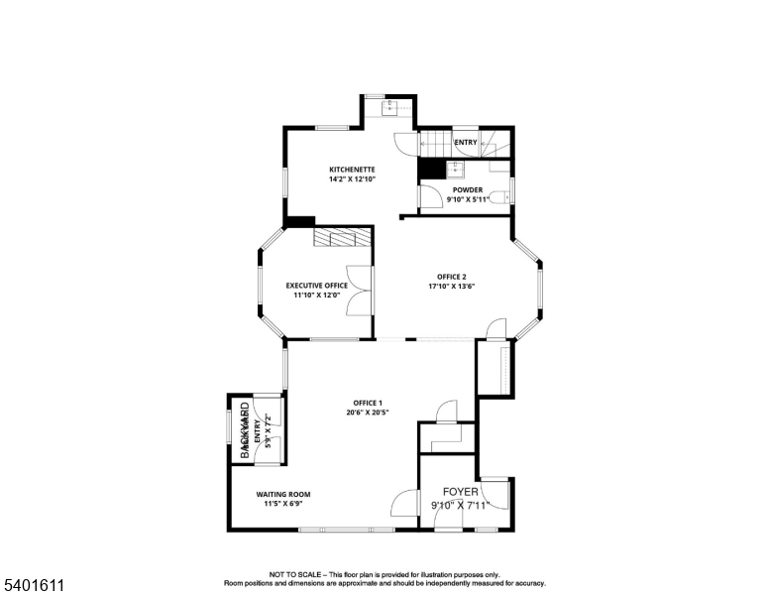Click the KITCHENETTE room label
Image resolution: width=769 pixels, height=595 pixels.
click(x=352, y=170)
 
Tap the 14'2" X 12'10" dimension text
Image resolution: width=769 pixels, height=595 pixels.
click(x=352, y=179)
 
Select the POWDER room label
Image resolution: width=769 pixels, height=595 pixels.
click(x=468, y=189)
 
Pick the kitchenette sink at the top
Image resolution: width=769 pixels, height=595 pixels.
click(x=389, y=106)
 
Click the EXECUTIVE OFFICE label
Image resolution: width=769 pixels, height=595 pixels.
click(x=317, y=285)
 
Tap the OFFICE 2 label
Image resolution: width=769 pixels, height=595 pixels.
click(x=452, y=276)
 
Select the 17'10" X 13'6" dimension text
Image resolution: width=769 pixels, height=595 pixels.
click(x=452, y=287)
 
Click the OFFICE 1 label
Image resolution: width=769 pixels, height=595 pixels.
click(x=367, y=402)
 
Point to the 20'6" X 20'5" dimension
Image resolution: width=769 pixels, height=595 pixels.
click(x=367, y=413)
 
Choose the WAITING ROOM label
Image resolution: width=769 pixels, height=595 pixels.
click(x=283, y=494)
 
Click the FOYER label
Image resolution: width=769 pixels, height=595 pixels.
click(x=460, y=492)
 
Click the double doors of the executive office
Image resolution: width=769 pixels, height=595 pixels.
click(x=358, y=291)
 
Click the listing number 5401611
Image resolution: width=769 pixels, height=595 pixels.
click(x=35, y=586)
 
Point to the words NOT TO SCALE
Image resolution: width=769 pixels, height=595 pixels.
click(x=296, y=574)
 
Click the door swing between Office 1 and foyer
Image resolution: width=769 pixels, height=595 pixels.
click(x=405, y=504)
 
